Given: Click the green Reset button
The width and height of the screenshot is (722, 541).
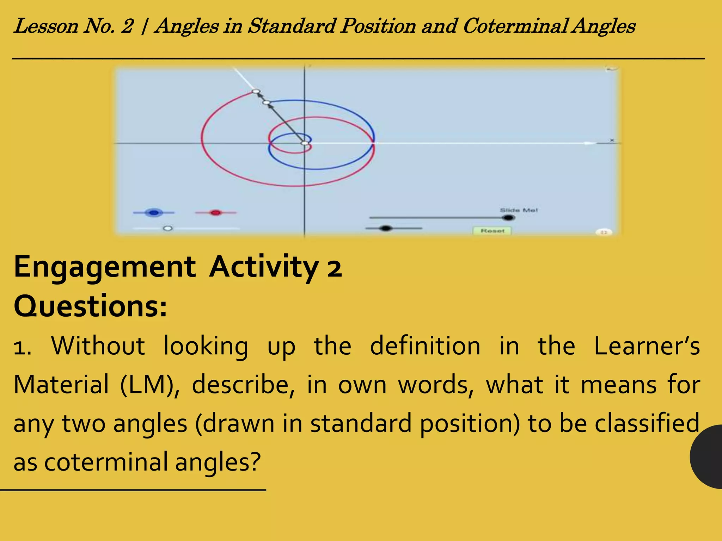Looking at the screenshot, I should point(492,231).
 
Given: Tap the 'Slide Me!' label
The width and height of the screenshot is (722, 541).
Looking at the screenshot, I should point(519,210).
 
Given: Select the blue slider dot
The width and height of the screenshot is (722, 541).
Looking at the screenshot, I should point(154,212).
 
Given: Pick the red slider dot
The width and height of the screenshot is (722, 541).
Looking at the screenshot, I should point(216,212).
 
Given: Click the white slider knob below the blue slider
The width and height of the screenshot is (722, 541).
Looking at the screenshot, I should point(168,228).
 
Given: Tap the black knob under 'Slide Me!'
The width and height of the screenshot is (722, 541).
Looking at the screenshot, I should point(508,218).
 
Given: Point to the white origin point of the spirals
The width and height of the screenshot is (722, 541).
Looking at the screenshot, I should point(305,143).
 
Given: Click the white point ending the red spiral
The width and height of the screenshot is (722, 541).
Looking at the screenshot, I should point(256,92).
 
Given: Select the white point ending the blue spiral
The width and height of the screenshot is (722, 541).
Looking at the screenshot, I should point(267,102).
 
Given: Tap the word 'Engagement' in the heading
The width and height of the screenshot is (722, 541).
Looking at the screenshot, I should point(105,267).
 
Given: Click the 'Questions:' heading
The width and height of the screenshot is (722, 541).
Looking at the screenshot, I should point(90,306).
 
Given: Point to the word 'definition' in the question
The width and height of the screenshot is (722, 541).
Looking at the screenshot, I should point(425,346).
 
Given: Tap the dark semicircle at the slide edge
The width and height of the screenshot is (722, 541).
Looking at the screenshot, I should point(707,456).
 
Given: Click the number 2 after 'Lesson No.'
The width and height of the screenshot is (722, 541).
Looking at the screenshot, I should point(127,26).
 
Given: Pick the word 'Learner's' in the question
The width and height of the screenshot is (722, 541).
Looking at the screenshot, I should point(647,346).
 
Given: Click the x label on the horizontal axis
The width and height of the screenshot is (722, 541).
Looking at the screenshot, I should point(612,141).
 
